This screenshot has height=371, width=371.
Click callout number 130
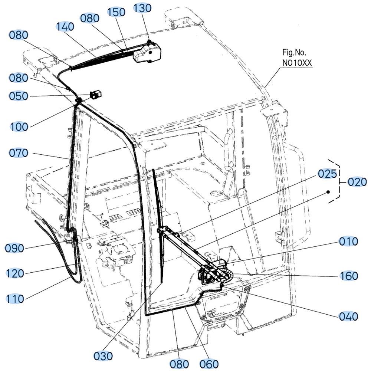click(142, 8)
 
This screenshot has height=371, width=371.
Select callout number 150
click(116, 12)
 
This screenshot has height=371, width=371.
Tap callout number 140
click(65, 26)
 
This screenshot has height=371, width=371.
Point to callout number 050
click(19, 96)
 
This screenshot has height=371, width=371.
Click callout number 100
click(19, 127)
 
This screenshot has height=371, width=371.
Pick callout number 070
click(19, 153)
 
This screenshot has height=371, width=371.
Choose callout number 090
click(15, 248)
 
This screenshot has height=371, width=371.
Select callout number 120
click(15, 273)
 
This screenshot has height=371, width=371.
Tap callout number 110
click(15, 299)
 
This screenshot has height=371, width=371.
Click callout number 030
click(103, 356)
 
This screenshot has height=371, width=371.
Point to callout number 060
click(209, 364)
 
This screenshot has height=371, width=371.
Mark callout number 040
click(348, 316)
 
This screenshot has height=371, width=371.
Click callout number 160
click(349, 276)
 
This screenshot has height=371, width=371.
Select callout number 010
click(348, 242)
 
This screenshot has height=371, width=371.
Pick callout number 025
click(327, 174)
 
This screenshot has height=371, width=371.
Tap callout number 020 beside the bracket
click(357, 182)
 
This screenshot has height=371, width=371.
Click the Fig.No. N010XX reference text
click(297, 58)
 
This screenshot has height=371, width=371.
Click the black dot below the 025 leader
click(328, 192)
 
